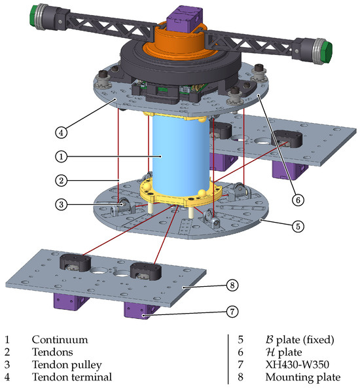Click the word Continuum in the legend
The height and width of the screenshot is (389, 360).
[x=59, y=340]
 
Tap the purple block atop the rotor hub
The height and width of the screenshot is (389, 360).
[x=187, y=18]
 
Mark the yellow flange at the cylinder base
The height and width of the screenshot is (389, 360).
[x=180, y=193]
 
